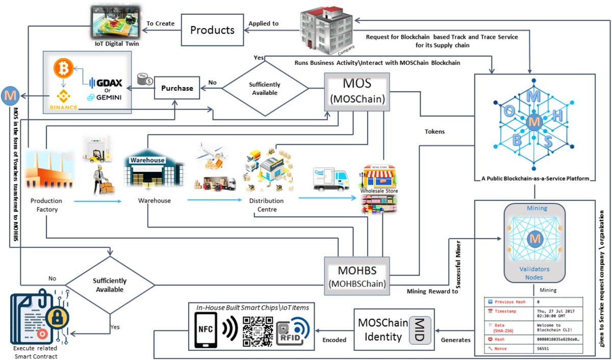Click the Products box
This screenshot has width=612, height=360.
(x=213, y=30)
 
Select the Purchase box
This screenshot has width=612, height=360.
(x=177, y=88)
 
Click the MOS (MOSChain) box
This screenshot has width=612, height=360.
(x=357, y=91)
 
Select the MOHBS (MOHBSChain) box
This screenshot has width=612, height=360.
(x=357, y=276)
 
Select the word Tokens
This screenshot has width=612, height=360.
(x=435, y=132)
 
